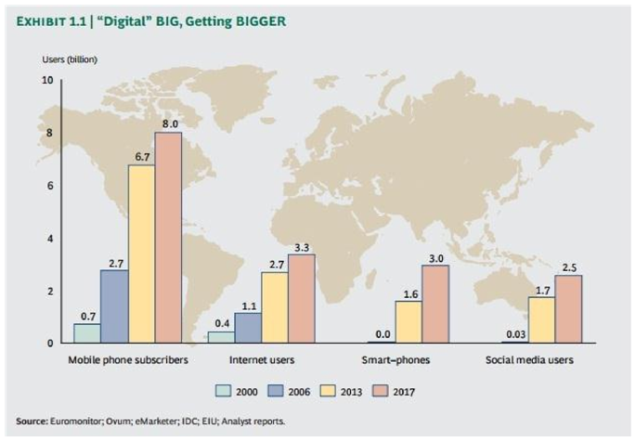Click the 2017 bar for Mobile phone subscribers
(168, 238)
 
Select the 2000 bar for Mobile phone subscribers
(86, 333)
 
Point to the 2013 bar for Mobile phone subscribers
(141, 254)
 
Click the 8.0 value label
(170, 123)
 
